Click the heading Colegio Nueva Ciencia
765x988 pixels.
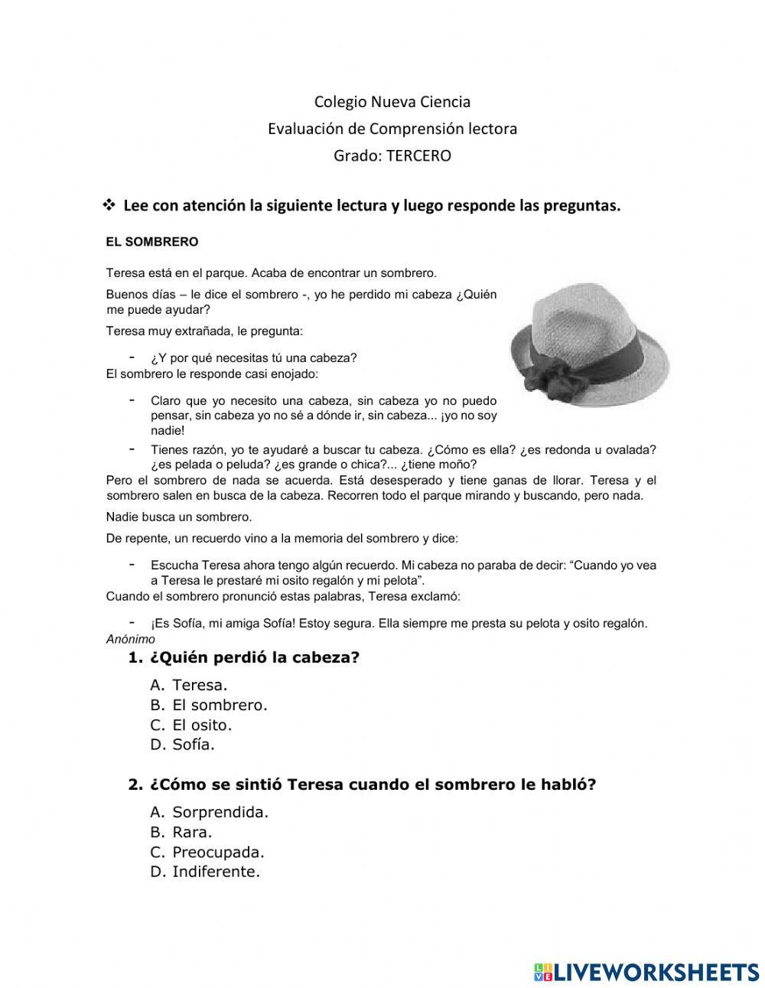392,102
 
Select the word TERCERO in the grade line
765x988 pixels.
418,156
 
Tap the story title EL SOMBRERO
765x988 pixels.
151,242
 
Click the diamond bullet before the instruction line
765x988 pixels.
109,205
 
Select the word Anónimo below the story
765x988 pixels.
130,639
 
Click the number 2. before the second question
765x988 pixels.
135,785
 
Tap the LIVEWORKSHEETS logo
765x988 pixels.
646,971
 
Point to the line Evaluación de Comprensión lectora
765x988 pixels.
392,129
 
